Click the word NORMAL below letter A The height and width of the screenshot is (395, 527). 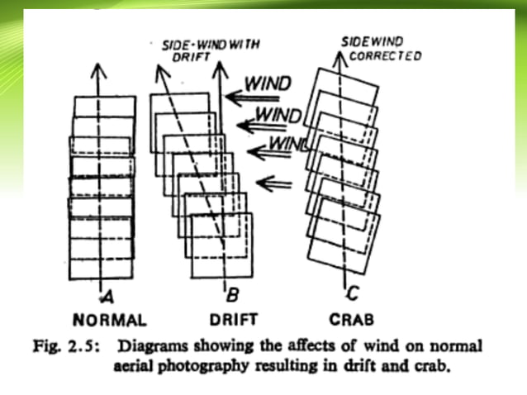pyautogui.click(x=110, y=319)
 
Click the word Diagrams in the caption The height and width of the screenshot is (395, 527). pyautogui.click(x=152, y=345)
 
